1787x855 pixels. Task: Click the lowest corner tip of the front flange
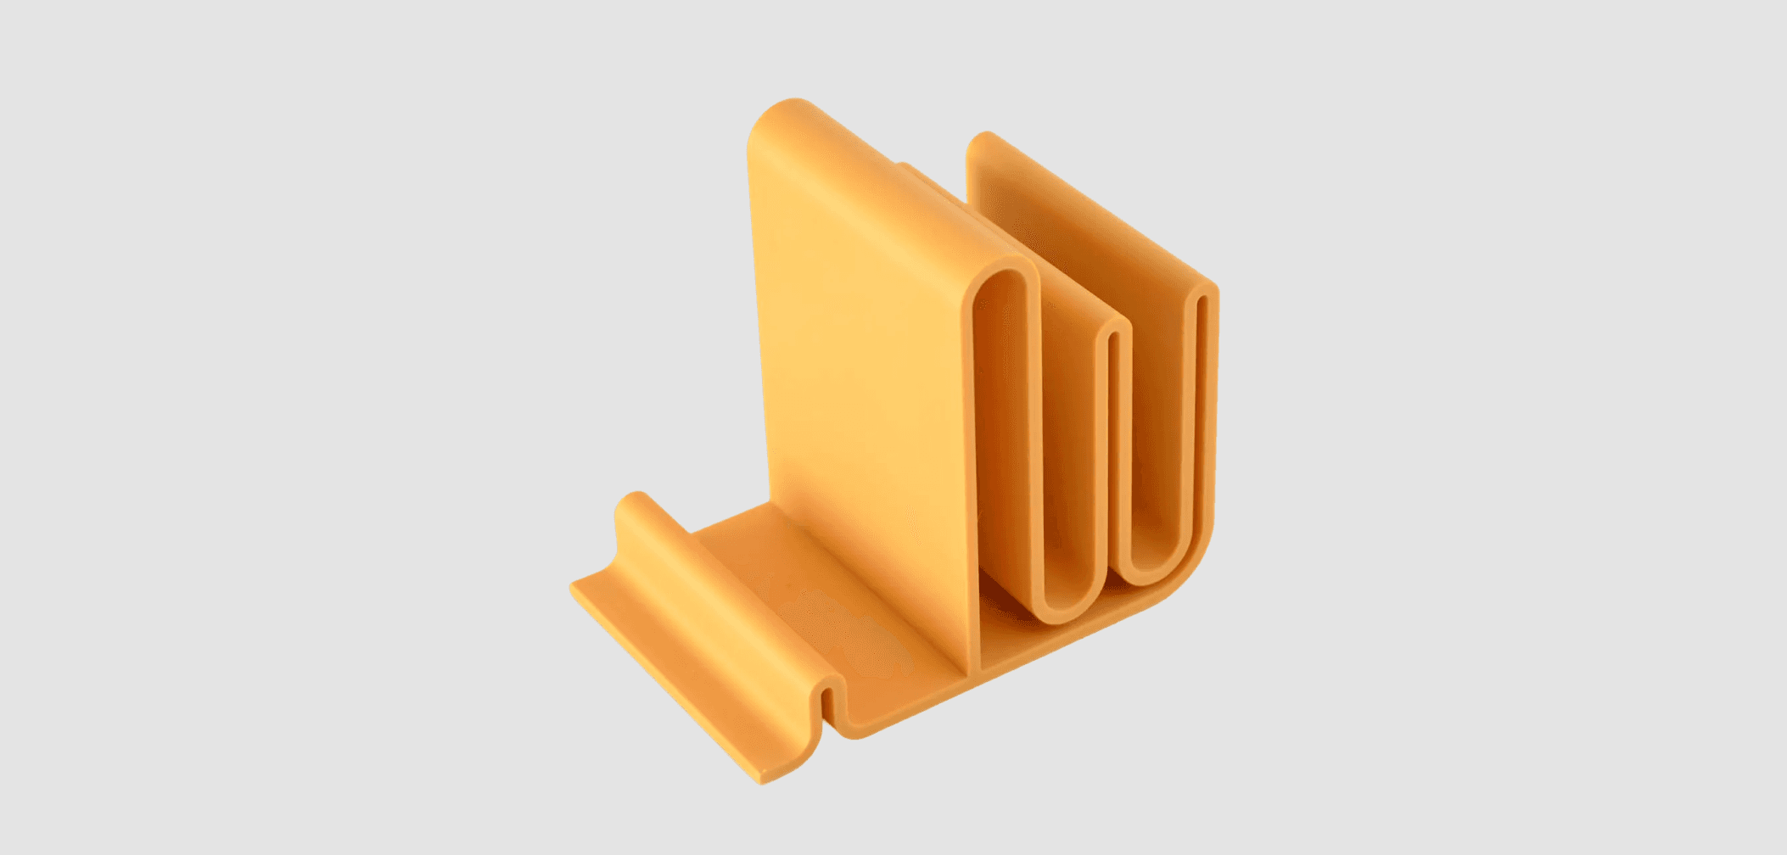tap(764, 779)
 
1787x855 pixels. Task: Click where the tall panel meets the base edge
tap(972, 674)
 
